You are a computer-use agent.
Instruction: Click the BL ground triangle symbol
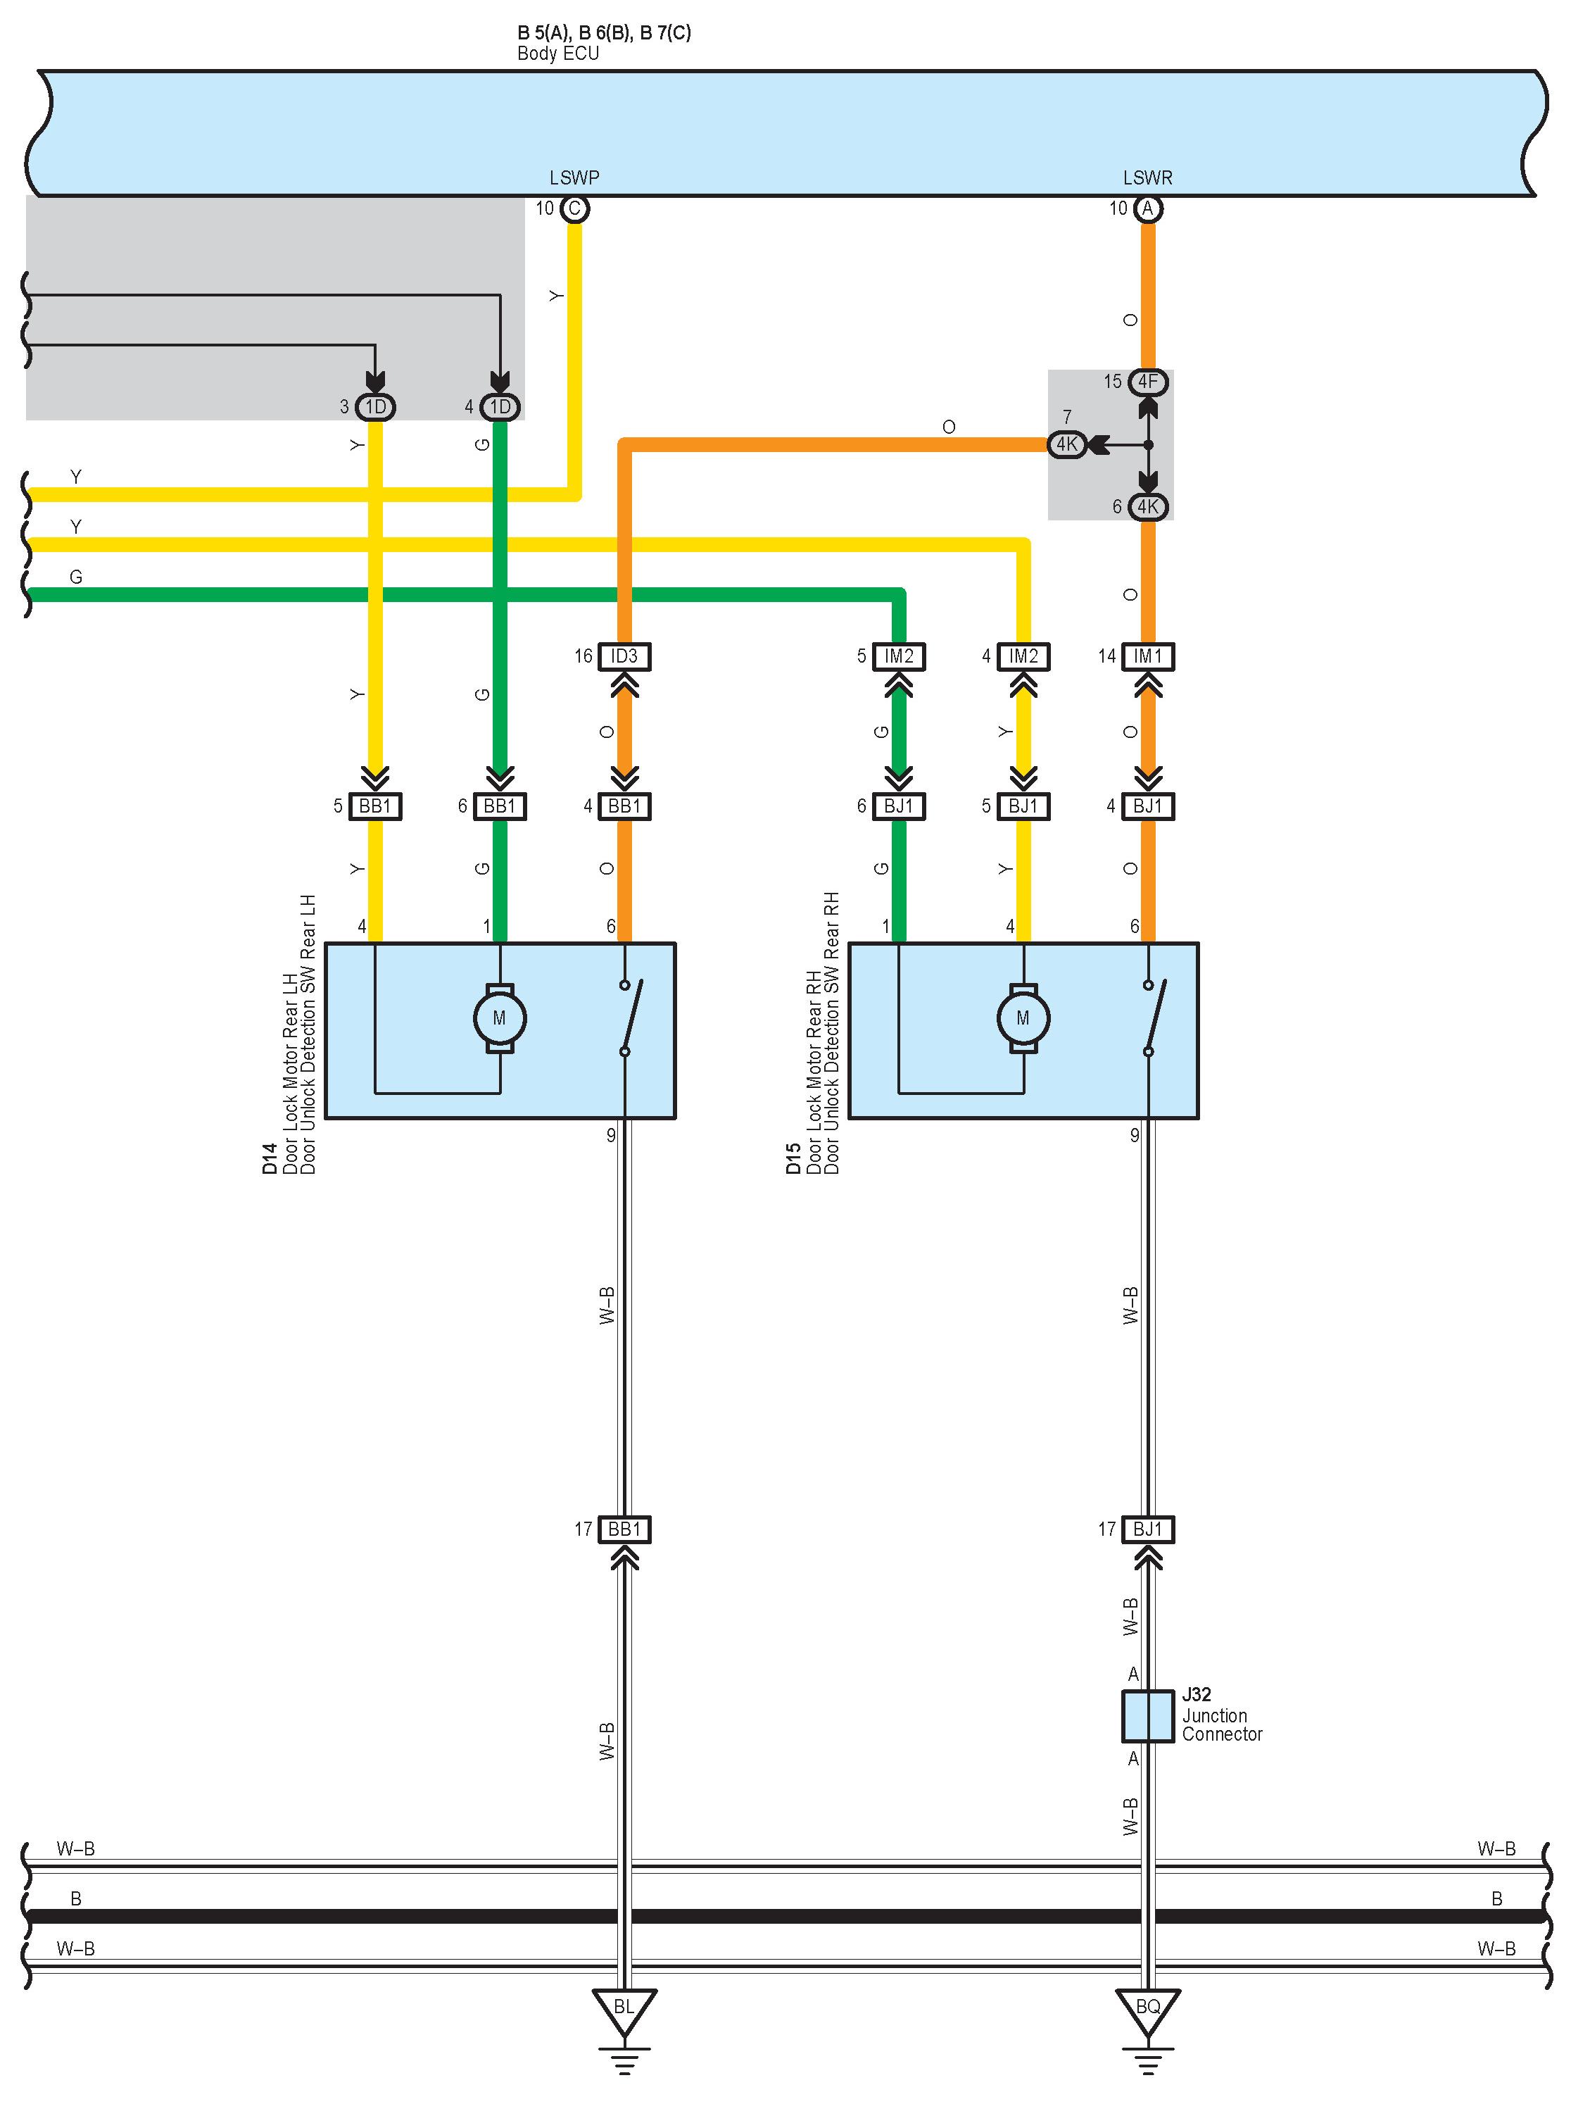[624, 2009]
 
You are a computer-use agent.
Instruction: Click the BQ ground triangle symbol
[1148, 2009]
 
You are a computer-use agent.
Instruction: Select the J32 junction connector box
[1148, 1716]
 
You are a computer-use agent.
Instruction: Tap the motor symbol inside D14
[499, 1017]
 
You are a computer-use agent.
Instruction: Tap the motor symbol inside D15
[1023, 1017]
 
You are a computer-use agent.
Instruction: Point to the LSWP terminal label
[574, 178]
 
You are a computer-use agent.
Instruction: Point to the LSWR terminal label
[1148, 178]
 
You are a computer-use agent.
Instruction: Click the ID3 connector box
[624, 656]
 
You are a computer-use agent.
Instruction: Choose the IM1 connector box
[1148, 656]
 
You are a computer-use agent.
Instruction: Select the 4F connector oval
[1148, 382]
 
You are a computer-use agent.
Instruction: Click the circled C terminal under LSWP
[574, 208]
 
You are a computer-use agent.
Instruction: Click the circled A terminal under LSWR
[1148, 208]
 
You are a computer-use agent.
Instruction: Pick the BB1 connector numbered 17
[624, 1529]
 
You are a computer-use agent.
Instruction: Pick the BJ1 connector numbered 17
[1148, 1529]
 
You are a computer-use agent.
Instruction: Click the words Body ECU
[558, 54]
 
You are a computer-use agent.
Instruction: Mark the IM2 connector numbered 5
[899, 656]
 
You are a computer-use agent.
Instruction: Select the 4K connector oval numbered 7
[1067, 444]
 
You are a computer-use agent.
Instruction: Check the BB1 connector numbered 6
[499, 806]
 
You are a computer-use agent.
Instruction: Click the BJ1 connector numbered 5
[1023, 806]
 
